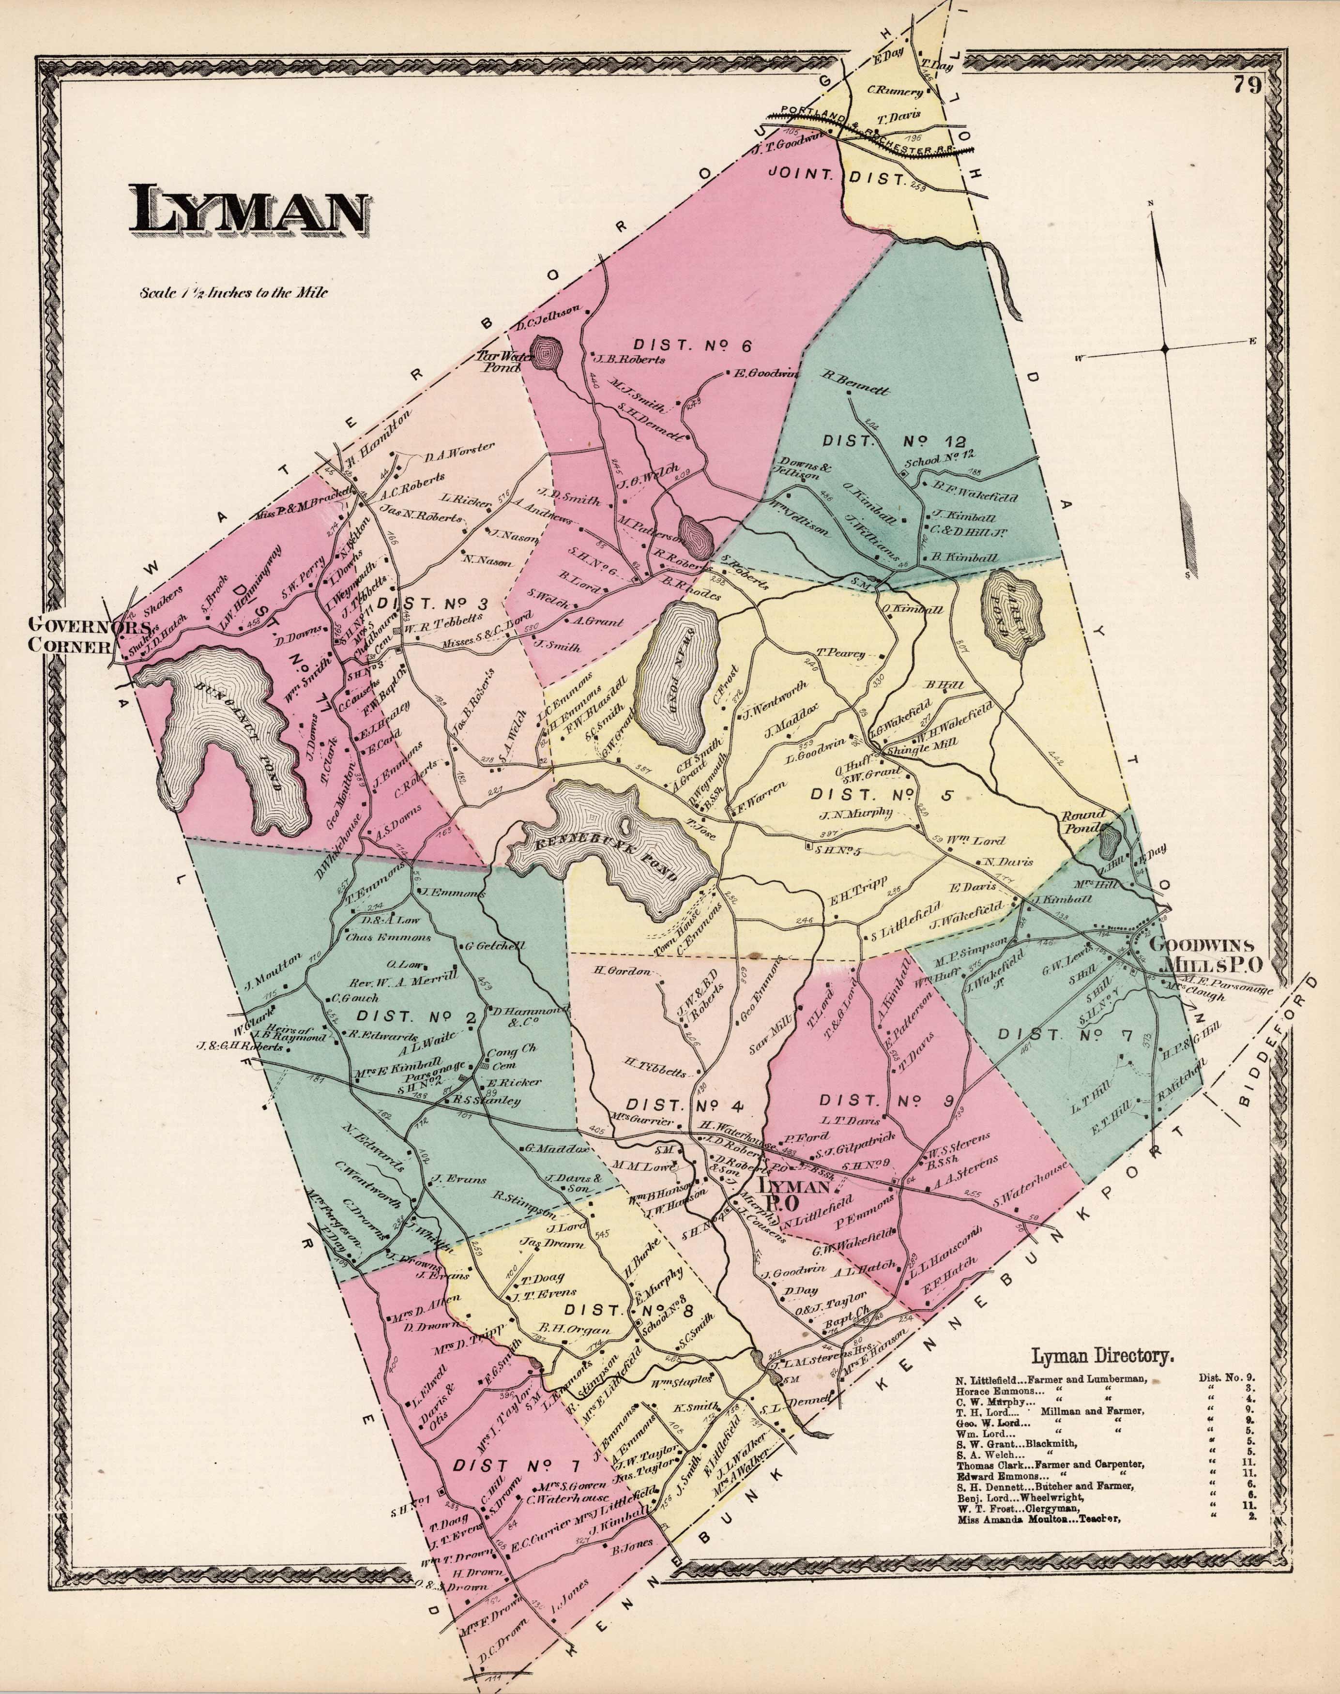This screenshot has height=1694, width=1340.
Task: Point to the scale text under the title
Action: pyautogui.click(x=233, y=295)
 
